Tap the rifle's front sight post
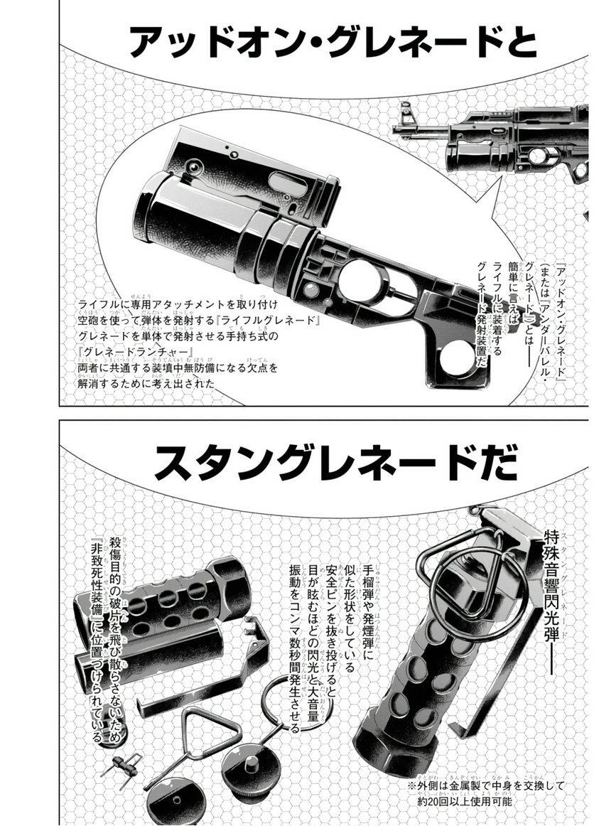click(404, 113)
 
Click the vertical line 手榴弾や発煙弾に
click(368, 604)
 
